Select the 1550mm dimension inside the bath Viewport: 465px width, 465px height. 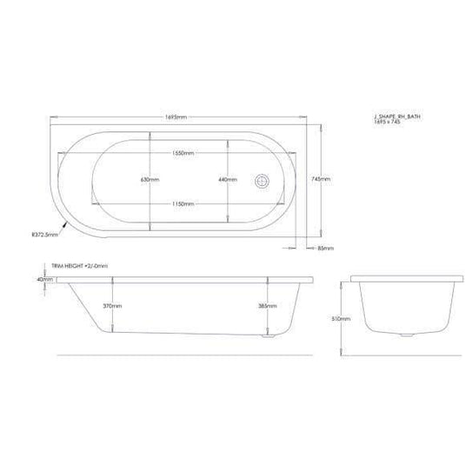(183, 153)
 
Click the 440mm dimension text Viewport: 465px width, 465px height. (227, 179)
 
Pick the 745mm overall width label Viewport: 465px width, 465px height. (321, 178)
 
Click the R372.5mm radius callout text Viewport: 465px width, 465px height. (44, 233)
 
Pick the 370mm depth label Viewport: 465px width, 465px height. (111, 307)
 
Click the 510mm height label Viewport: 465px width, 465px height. (344, 318)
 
